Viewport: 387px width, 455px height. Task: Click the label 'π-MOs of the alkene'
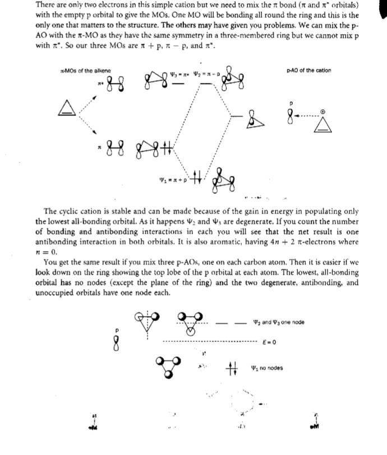pos(85,71)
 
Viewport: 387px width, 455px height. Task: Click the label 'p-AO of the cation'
pos(308,71)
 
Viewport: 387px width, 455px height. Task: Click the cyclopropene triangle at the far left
pos(65,110)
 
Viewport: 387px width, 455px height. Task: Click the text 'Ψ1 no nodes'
pos(267,368)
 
